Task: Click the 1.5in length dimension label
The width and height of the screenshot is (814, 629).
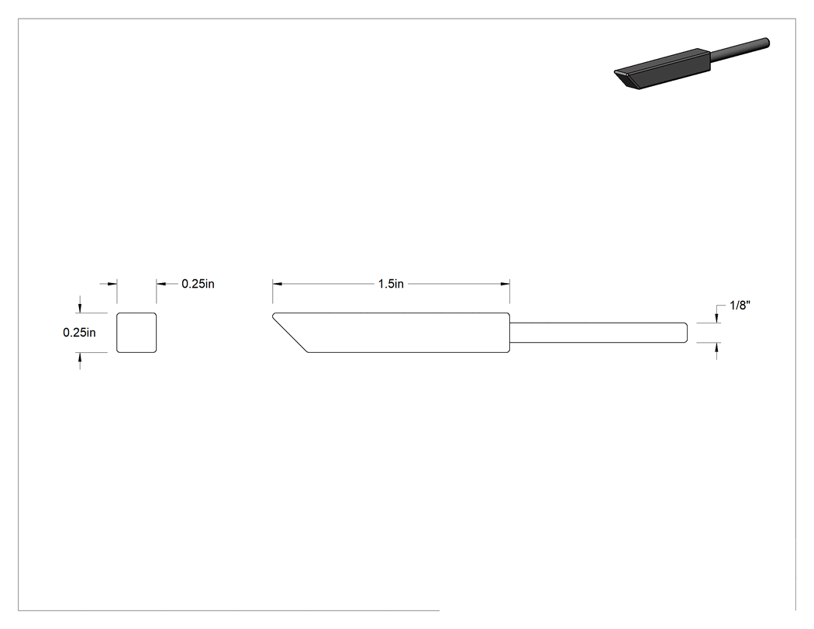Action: (x=391, y=284)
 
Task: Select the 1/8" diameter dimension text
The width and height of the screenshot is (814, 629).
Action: (x=740, y=306)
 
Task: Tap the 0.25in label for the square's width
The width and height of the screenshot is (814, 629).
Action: (x=198, y=284)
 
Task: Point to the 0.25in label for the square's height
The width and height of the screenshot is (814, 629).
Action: (x=79, y=333)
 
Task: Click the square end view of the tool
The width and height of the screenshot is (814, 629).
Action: (x=136, y=333)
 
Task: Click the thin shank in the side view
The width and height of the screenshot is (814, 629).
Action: (x=598, y=333)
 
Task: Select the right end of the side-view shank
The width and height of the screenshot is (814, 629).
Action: (x=688, y=333)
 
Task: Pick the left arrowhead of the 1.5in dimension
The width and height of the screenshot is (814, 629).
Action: (x=278, y=284)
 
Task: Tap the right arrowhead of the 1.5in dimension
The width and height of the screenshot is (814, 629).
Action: (x=505, y=284)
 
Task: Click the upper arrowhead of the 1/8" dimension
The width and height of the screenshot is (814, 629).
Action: (x=717, y=318)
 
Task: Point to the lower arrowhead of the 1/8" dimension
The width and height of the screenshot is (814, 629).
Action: (x=717, y=347)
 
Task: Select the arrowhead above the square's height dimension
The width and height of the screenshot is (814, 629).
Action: (x=79, y=308)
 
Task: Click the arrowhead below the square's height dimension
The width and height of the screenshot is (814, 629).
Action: (x=79, y=358)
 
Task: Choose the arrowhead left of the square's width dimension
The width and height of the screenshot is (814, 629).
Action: (x=112, y=284)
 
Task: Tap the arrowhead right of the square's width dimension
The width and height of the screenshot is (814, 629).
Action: (x=161, y=284)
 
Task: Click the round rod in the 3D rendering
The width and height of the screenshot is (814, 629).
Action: (x=740, y=49)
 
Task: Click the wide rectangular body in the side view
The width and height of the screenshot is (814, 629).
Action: (x=400, y=333)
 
